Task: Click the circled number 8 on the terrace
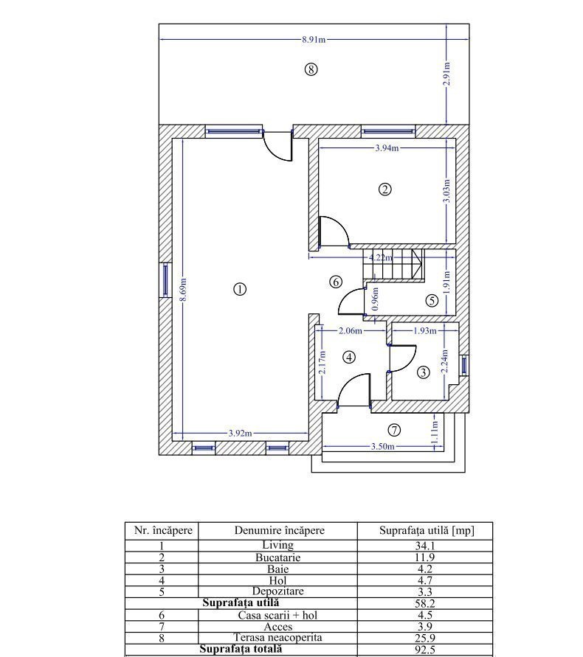point(311,69)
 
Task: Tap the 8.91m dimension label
point(314,40)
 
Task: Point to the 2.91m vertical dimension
point(447,74)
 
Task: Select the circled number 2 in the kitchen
point(384,190)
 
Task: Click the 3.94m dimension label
point(387,148)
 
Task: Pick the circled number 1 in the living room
point(240,289)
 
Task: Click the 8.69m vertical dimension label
point(183,289)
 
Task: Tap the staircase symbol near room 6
point(393,265)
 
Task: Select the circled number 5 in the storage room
point(432,300)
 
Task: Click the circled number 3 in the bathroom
point(423,372)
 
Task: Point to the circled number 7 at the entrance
point(394,430)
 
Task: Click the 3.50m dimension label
point(382,447)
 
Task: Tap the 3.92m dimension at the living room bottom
point(240,434)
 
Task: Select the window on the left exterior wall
point(165,279)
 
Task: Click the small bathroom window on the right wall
point(464,364)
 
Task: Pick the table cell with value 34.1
point(424,546)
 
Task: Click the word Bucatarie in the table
point(277,557)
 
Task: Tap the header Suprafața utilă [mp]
point(427,530)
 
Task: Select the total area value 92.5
point(425,650)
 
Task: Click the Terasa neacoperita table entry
point(277,638)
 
